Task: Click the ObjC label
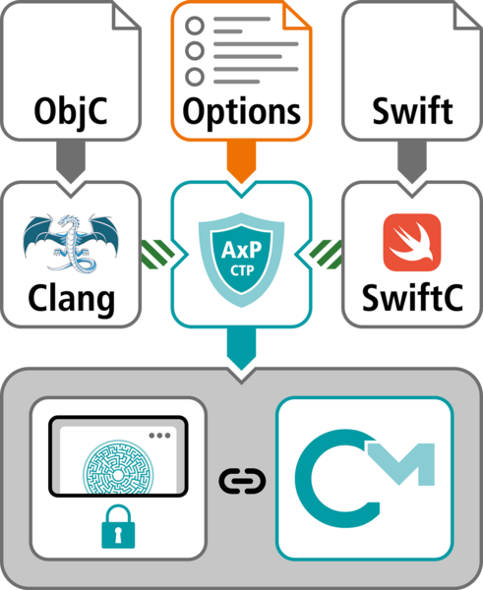coord(71,110)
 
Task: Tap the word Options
coord(241,110)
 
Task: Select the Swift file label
coord(411,110)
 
